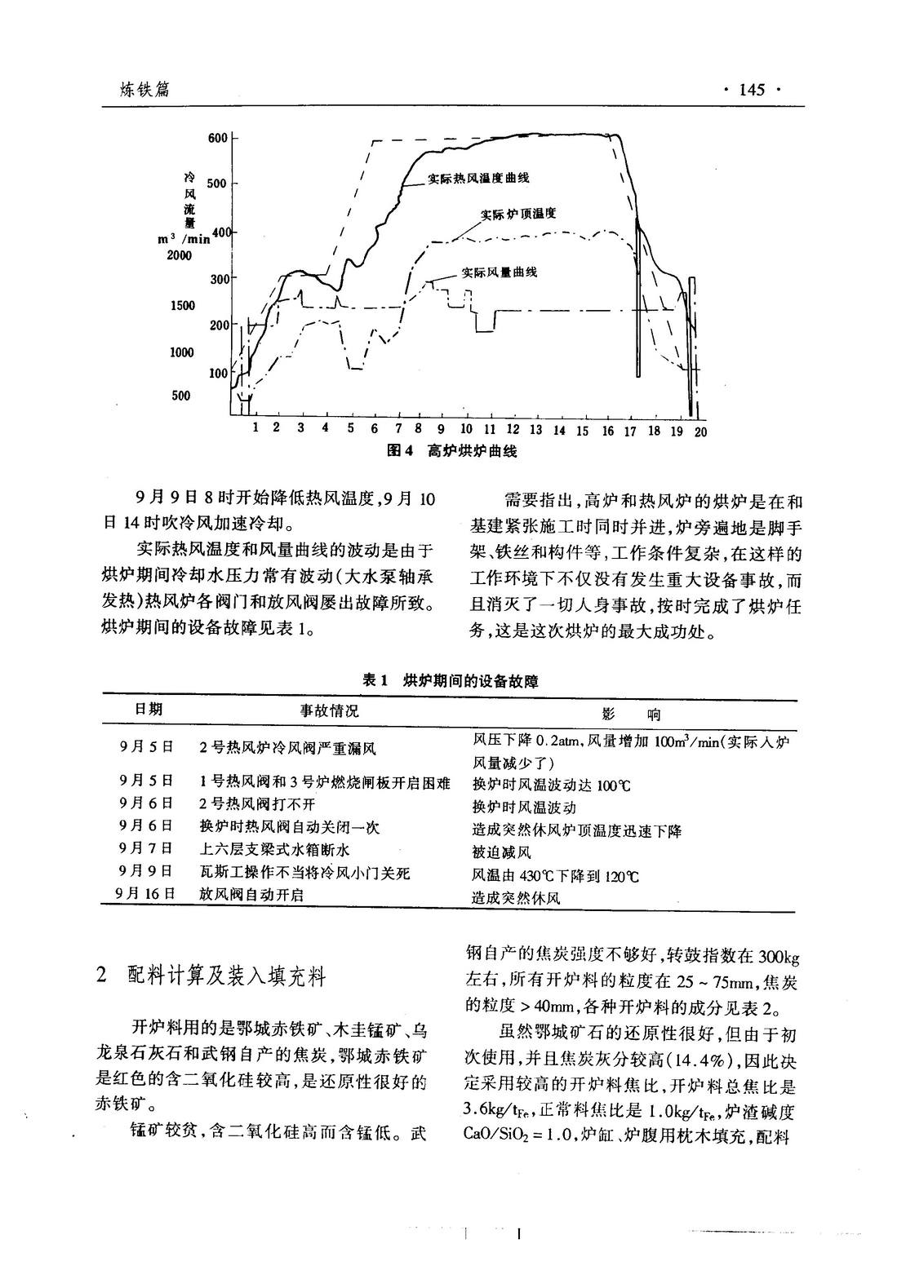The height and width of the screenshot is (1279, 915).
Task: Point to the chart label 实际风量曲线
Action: click(500, 272)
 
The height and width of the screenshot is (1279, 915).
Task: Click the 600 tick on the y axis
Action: click(218, 138)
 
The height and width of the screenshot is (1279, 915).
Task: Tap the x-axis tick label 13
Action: click(536, 430)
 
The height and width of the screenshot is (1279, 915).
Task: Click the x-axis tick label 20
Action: click(700, 431)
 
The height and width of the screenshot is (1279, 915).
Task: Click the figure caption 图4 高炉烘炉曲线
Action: click(451, 450)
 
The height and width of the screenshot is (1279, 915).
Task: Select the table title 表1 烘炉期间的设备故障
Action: click(451, 681)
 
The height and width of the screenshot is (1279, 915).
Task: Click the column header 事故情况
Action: click(330, 710)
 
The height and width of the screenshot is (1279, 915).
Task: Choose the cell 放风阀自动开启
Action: click(251, 894)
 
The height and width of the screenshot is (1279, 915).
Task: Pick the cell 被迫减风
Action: click(501, 852)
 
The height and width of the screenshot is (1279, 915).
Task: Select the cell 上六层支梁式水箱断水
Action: click(274, 851)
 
